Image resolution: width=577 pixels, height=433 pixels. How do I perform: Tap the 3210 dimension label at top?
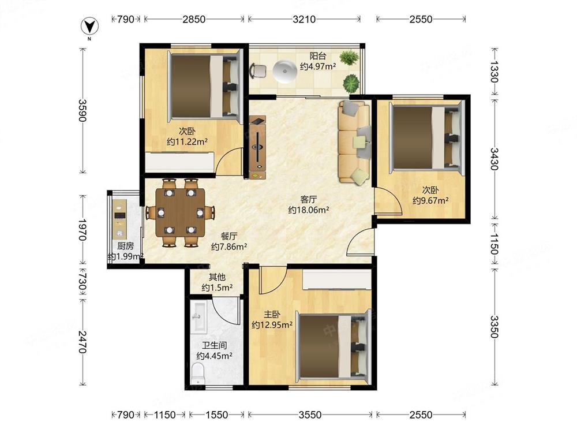click(x=304, y=19)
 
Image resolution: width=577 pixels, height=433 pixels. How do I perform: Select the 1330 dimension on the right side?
click(x=494, y=72)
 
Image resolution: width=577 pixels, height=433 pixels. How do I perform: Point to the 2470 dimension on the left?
click(x=83, y=342)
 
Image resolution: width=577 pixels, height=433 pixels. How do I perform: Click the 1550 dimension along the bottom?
click(x=216, y=415)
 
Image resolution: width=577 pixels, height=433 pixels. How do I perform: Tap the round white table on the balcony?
click(x=285, y=72)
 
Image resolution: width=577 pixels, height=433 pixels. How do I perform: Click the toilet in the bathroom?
click(x=198, y=374)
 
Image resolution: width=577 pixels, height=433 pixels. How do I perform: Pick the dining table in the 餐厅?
click(x=180, y=212)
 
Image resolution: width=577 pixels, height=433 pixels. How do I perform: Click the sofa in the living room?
click(x=354, y=142)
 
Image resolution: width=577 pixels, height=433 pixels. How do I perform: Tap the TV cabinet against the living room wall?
click(x=257, y=147)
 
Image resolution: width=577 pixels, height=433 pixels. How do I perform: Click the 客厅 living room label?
click(x=308, y=199)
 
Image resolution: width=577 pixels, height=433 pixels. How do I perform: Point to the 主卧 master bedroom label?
click(x=272, y=315)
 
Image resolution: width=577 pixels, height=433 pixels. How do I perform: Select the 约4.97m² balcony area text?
click(x=318, y=66)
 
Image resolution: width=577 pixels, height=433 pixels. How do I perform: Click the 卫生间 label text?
click(x=214, y=345)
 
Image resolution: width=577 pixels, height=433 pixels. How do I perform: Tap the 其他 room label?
click(x=217, y=277)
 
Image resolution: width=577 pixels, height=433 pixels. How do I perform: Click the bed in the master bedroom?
click(x=334, y=346)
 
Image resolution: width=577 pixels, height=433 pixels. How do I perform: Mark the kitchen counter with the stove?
click(x=119, y=218)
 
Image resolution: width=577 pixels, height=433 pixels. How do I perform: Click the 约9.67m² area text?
click(x=430, y=201)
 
